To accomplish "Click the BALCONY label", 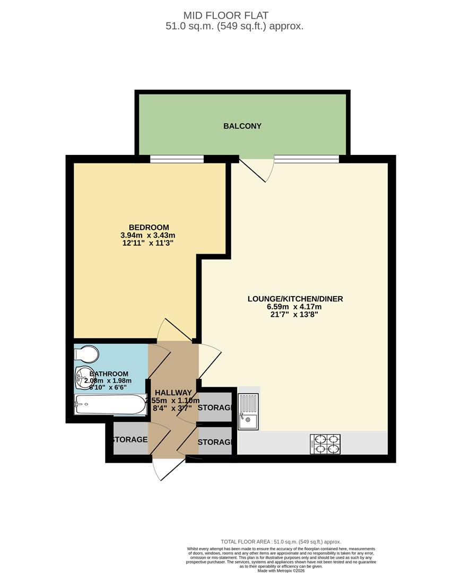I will (242, 126).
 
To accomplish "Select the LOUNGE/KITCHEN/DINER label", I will (295, 299).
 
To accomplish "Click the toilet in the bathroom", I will (87, 354).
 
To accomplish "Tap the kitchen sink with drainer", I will (248, 411).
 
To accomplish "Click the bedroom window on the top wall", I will (177, 159).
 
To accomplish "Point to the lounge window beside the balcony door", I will (307, 159).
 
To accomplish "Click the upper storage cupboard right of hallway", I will (215, 407).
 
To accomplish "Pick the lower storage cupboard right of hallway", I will (215, 441).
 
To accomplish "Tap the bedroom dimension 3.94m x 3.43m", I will (148, 235).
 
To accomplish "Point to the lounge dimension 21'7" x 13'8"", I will (295, 315).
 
